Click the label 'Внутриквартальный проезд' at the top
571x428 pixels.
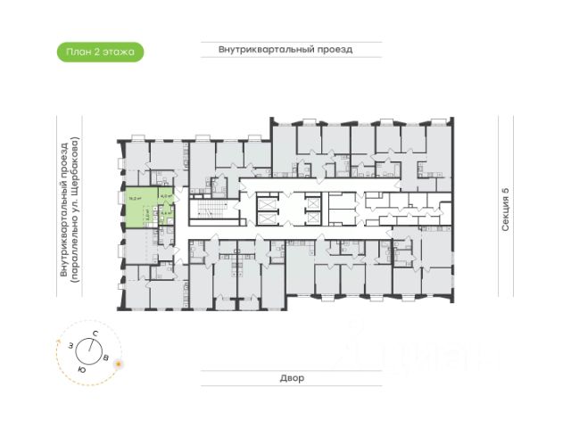(x=285, y=50)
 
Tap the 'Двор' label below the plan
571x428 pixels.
(x=285, y=378)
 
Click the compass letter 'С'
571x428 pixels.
(x=95, y=333)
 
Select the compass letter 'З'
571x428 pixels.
(x=68, y=345)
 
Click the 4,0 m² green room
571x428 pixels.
(x=166, y=198)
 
